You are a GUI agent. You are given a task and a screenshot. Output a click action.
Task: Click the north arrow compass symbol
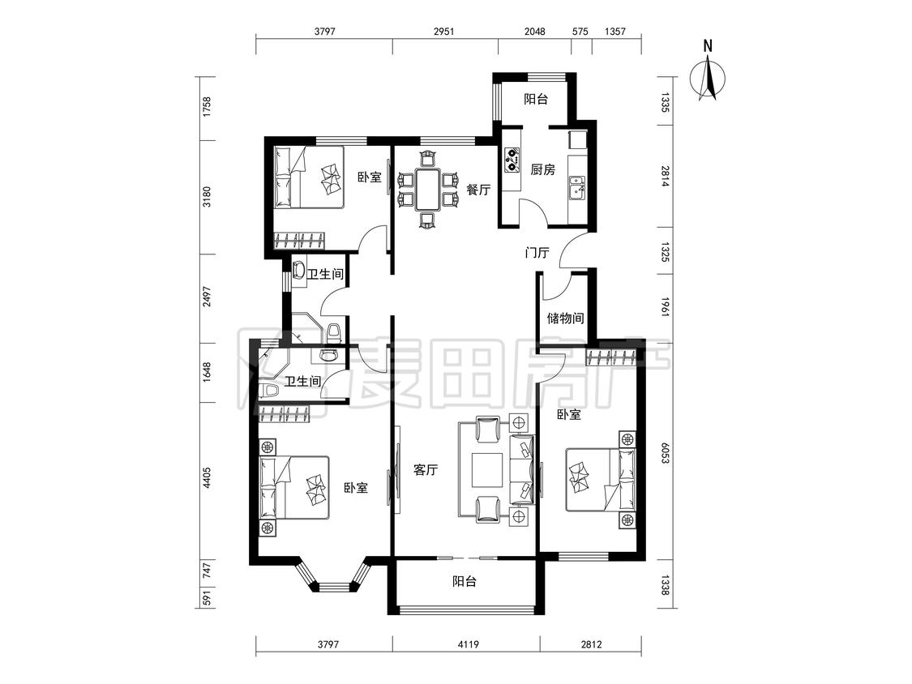coord(708,79)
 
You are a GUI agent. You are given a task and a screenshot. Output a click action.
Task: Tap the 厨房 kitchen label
coord(542,170)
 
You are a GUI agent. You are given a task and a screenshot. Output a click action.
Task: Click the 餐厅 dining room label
coord(478,190)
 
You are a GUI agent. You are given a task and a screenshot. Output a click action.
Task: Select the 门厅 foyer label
coord(537,253)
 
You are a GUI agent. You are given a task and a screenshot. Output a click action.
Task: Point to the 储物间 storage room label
coord(565,318)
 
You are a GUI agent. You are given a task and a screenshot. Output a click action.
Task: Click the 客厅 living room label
coord(426,470)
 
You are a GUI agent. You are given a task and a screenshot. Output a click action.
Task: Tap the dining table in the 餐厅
coord(427,189)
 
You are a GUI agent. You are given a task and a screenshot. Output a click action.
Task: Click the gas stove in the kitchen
coord(512,158)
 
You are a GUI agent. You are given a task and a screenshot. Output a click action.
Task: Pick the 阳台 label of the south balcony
coord(465,581)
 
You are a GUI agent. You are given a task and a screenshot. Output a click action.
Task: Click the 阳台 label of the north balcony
coord(536,100)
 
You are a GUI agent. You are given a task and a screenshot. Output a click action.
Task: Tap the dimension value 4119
coord(469,644)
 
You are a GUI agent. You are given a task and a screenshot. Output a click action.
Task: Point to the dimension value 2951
coord(443,32)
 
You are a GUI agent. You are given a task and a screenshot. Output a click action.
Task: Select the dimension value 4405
coord(207,478)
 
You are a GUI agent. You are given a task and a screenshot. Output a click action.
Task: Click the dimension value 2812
coord(591,644)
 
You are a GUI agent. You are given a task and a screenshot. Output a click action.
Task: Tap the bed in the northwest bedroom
coord(309,177)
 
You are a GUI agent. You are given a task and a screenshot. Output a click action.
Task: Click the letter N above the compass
coord(708,46)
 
